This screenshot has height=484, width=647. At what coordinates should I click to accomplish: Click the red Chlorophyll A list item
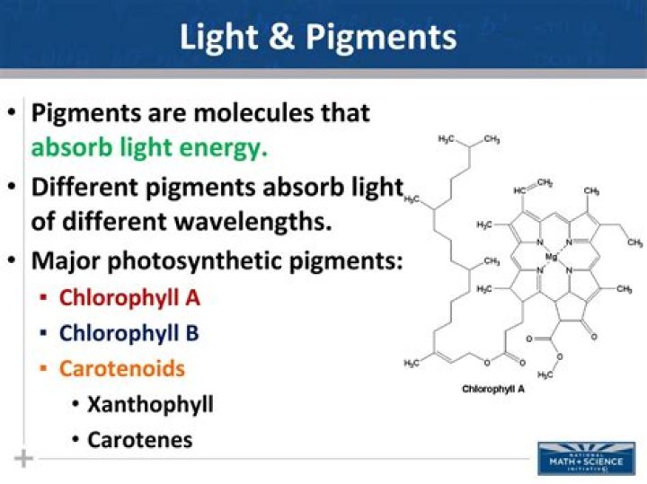pyautogui.click(x=129, y=297)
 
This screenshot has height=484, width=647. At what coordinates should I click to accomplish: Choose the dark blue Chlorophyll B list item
pyautogui.click(x=129, y=333)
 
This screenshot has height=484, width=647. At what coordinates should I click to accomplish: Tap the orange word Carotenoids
pyautogui.click(x=122, y=368)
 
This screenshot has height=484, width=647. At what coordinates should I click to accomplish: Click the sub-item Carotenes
pyautogui.click(x=139, y=439)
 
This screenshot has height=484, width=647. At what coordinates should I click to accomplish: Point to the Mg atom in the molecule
pyautogui.click(x=551, y=257)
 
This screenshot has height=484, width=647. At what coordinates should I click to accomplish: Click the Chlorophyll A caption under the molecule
pyautogui.click(x=493, y=389)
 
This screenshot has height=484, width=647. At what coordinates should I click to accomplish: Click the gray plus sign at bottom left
pyautogui.click(x=23, y=459)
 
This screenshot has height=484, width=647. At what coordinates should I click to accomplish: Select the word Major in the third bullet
pyautogui.click(x=64, y=261)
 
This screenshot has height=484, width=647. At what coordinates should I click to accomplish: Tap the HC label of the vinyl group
pyautogui.click(x=521, y=190)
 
